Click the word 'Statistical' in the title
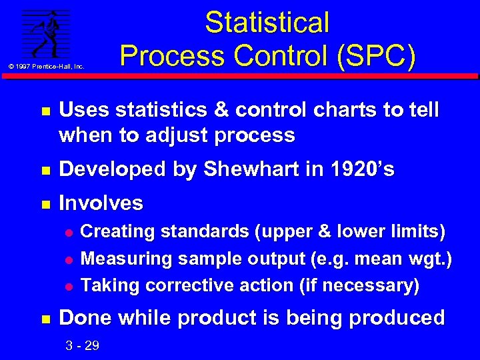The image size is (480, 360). tap(267, 23)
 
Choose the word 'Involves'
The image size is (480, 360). tap(101, 203)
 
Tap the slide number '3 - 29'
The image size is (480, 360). tap(83, 345)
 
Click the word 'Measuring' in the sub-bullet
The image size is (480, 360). tap(120, 259)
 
